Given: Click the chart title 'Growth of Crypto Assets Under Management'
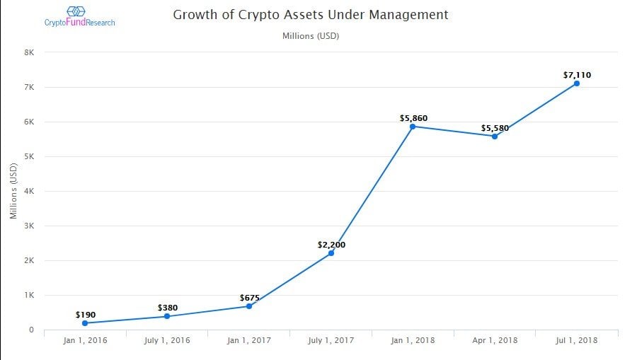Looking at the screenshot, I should tap(310, 14).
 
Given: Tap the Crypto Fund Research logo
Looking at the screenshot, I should tap(79, 16).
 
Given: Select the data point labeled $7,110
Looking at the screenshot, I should tap(577, 83).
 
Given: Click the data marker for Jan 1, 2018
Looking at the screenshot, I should tap(413, 127).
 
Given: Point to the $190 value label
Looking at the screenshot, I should tap(86, 314).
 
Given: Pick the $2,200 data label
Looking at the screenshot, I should tap(331, 245).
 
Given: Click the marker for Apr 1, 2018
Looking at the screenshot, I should tap(495, 136).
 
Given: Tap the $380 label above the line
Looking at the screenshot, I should tap(168, 308).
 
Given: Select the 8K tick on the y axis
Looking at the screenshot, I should tap(29, 52).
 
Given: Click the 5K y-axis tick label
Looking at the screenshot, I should tap(29, 156).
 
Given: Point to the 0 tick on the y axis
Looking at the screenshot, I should tap(32, 330).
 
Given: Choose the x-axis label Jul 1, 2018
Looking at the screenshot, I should tap(577, 340).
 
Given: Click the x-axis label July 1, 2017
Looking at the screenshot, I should tap(331, 340).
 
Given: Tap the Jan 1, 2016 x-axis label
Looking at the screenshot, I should tap(86, 340).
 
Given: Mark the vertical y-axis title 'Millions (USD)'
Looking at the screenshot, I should tap(13, 191).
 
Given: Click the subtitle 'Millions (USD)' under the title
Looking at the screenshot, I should tap(311, 35).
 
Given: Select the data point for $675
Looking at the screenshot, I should tap(249, 306).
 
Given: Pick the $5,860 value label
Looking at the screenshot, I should tap(413, 118).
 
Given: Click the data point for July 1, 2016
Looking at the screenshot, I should tap(167, 316).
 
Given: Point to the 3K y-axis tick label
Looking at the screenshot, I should tap(29, 226).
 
